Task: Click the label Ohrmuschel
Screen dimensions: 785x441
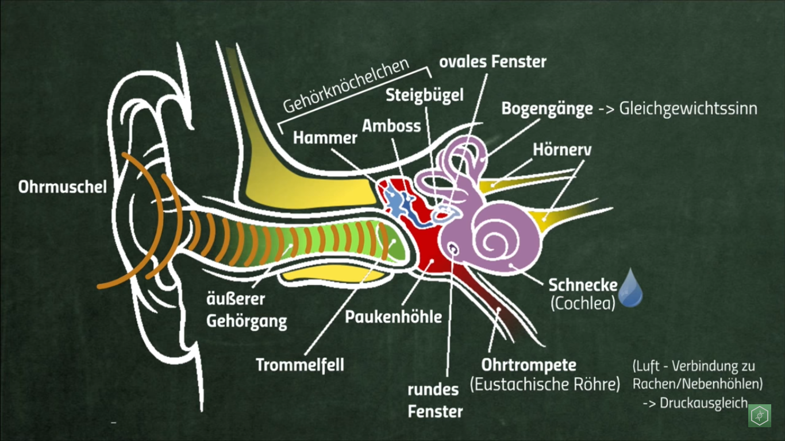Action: [63, 187]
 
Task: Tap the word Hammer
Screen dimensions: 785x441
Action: [325, 138]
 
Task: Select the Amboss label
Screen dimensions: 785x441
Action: [391, 126]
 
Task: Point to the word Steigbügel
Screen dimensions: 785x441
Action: [424, 95]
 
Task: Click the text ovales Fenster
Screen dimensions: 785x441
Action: [492, 61]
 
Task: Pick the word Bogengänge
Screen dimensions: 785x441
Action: [547, 109]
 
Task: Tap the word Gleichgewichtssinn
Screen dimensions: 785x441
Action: [688, 109]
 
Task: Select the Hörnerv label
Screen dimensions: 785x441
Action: [562, 149]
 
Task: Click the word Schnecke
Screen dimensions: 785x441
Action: [583, 285]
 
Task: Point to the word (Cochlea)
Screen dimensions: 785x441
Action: [583, 303]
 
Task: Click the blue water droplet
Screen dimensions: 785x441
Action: [630, 288]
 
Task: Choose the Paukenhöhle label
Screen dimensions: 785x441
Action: [393, 317]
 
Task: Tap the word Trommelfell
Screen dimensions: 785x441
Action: [299, 365]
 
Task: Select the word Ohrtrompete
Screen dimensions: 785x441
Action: [529, 365]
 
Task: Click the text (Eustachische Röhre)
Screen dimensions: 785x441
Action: [545, 384]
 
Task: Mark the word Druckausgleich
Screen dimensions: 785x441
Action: [704, 403]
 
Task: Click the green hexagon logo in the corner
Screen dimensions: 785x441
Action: [759, 416]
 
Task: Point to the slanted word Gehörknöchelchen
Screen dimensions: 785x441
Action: [346, 85]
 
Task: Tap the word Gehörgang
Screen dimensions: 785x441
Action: [247, 321]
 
